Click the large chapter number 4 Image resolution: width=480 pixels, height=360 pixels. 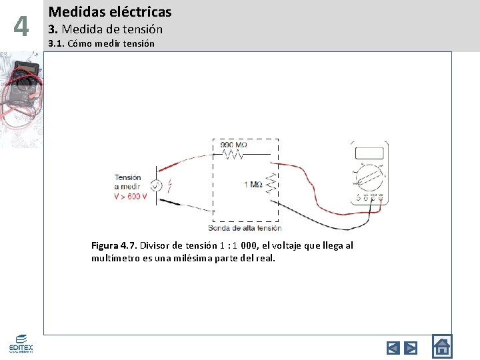pos(21,27)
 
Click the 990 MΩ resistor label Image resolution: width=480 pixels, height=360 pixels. pos(234,145)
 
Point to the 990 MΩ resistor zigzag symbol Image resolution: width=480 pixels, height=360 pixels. pos(234,155)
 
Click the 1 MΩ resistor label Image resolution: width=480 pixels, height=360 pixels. pos(253,184)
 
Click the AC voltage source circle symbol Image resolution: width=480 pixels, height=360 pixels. pos(156,186)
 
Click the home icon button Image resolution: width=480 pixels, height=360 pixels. pos(442,346)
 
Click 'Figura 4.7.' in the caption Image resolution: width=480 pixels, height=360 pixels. pos(114,245)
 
